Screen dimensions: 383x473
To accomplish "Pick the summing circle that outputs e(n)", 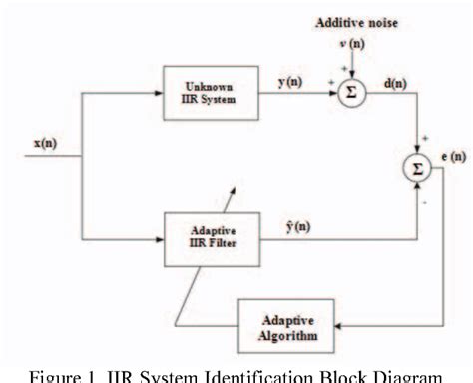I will point(417,168).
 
